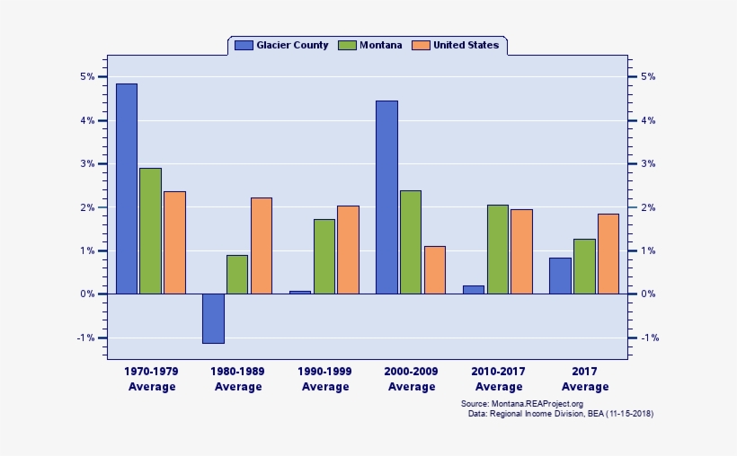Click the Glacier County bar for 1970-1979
tap(127, 189)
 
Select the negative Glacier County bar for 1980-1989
tap(213, 318)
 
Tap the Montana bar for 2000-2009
tap(411, 242)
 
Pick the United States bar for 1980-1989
tap(262, 246)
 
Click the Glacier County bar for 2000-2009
tap(386, 197)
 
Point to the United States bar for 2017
tap(608, 254)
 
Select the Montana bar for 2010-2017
tap(498, 250)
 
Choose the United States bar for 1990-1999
tap(348, 250)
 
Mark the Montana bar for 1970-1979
tap(151, 231)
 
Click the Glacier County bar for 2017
tap(560, 276)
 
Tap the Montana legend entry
tap(370, 45)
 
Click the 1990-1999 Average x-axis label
tap(325, 379)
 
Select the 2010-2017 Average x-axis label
tap(499, 379)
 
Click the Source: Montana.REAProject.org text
tap(521, 404)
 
